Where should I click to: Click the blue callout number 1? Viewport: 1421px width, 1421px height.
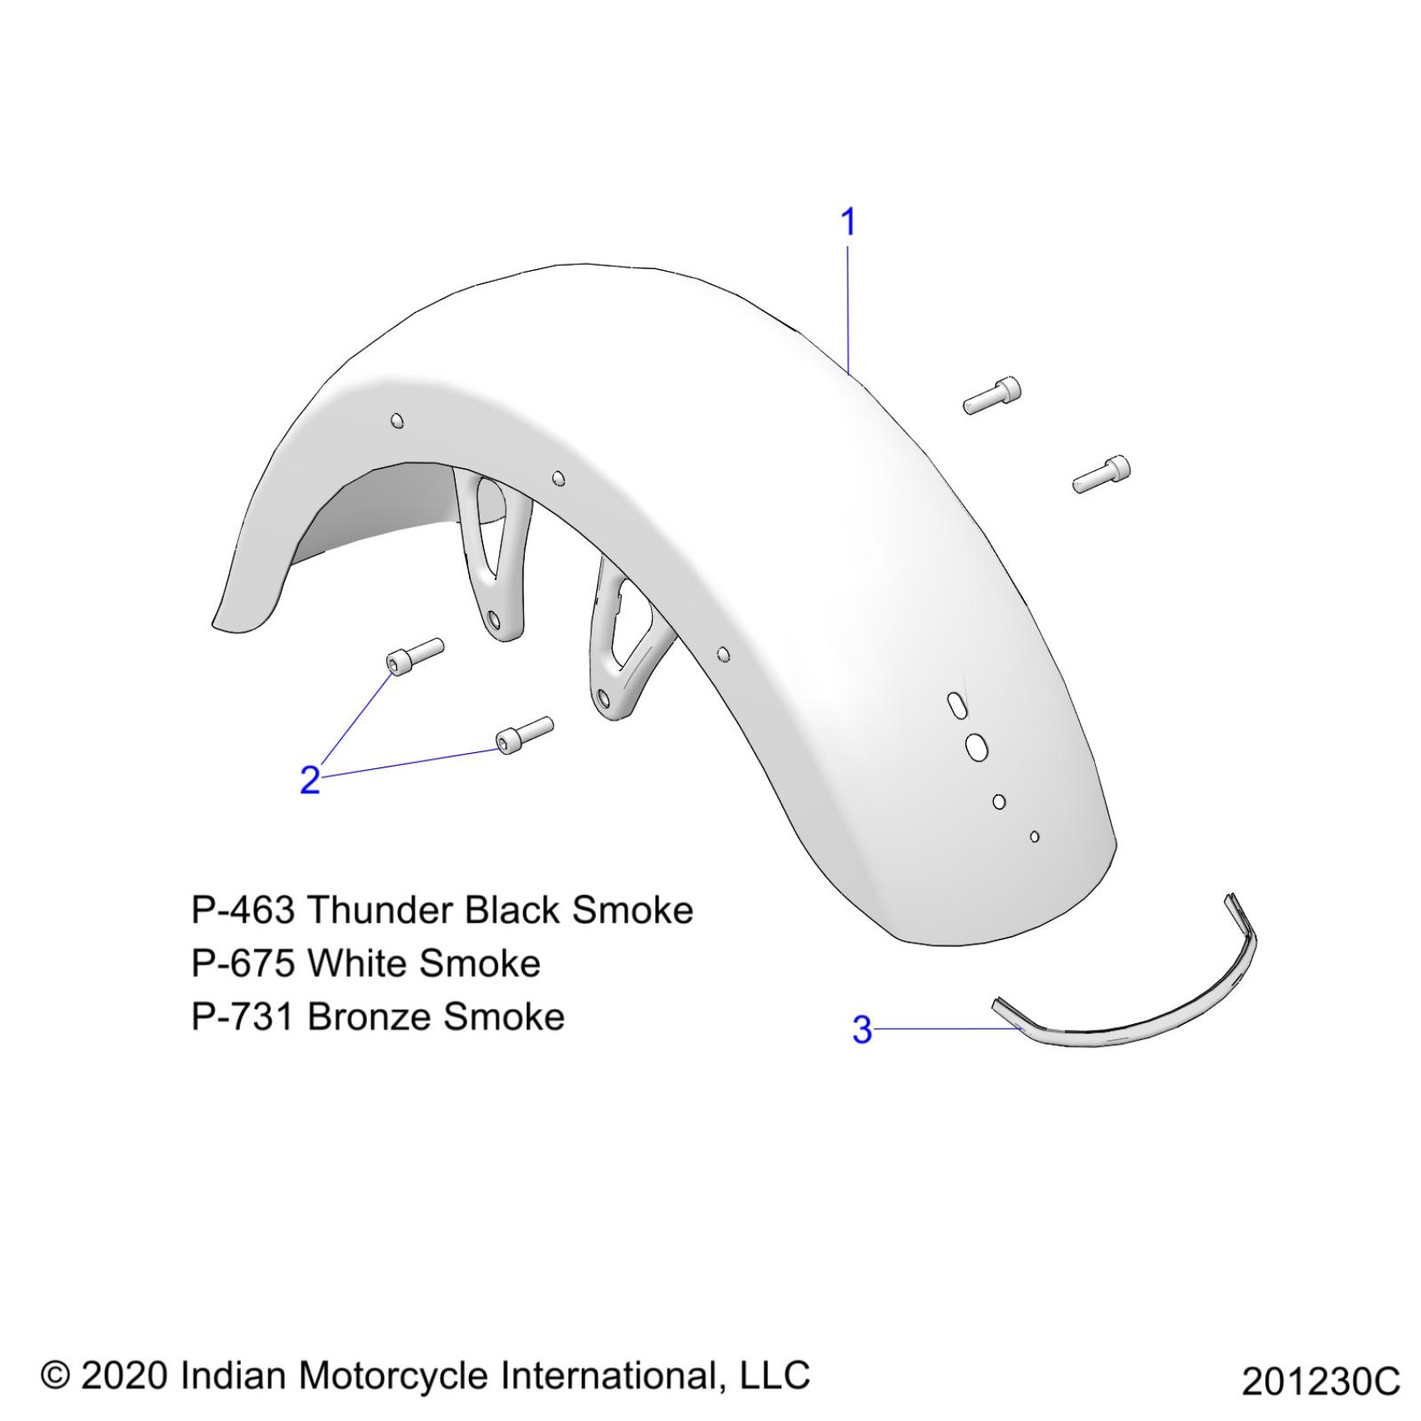[848, 222]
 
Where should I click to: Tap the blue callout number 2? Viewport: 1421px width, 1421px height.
[310, 780]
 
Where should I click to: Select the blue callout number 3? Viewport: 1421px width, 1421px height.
[862, 1030]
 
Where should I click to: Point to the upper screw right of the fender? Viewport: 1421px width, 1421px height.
[992, 395]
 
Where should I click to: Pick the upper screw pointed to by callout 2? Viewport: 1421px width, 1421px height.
[415, 654]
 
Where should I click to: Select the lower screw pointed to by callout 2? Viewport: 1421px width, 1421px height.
[524, 733]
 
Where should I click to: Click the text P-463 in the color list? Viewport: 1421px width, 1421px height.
[242, 910]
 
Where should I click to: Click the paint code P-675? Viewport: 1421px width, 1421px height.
[242, 964]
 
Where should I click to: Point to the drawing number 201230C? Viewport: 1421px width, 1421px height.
[1320, 1382]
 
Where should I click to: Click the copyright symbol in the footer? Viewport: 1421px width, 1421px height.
[55, 1374]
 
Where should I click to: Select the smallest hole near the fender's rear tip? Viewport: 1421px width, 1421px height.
[1035, 836]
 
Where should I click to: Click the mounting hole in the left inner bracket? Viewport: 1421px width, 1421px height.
[494, 619]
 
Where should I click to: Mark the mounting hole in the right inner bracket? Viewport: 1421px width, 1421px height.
[604, 695]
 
